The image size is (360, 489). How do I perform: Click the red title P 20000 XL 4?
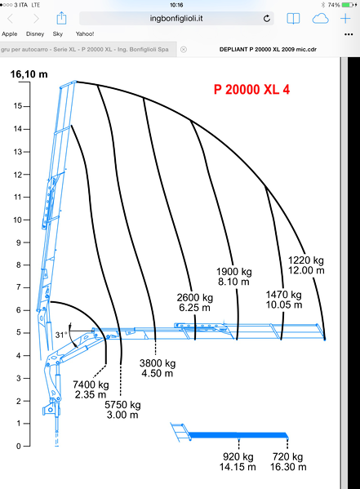pyautogui.click(x=251, y=90)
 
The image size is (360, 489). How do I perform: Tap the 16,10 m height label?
pyautogui.click(x=29, y=74)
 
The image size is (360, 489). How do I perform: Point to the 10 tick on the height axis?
pyautogui.click(x=17, y=220)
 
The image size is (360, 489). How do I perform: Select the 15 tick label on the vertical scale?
pyautogui.click(x=18, y=106)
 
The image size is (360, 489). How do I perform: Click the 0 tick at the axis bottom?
pyautogui.click(x=19, y=447)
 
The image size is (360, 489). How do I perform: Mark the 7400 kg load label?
pyautogui.click(x=91, y=385)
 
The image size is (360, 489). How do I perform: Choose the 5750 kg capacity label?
pyautogui.click(x=122, y=405)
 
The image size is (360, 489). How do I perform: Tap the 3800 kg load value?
pyautogui.click(x=158, y=363)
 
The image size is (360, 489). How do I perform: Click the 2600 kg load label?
pyautogui.click(x=195, y=298)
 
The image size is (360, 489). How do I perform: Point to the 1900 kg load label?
pyautogui.click(x=234, y=272)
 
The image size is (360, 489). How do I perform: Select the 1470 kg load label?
pyautogui.click(x=283, y=295)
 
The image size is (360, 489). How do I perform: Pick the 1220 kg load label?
pyautogui.click(x=306, y=260)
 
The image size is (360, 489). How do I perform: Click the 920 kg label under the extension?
pyautogui.click(x=238, y=457)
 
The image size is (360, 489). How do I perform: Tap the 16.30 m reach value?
pyautogui.click(x=288, y=467)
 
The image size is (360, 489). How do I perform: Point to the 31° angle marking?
pyautogui.click(x=61, y=335)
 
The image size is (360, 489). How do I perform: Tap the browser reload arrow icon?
pyautogui.click(x=267, y=19)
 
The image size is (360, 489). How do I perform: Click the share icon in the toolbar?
pyautogui.click(x=61, y=18)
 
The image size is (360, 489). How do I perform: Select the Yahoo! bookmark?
pyautogui.click(x=85, y=33)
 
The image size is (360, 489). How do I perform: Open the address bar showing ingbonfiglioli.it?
pyautogui.click(x=176, y=19)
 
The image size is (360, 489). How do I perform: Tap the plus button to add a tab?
pyautogui.click(x=345, y=19)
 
